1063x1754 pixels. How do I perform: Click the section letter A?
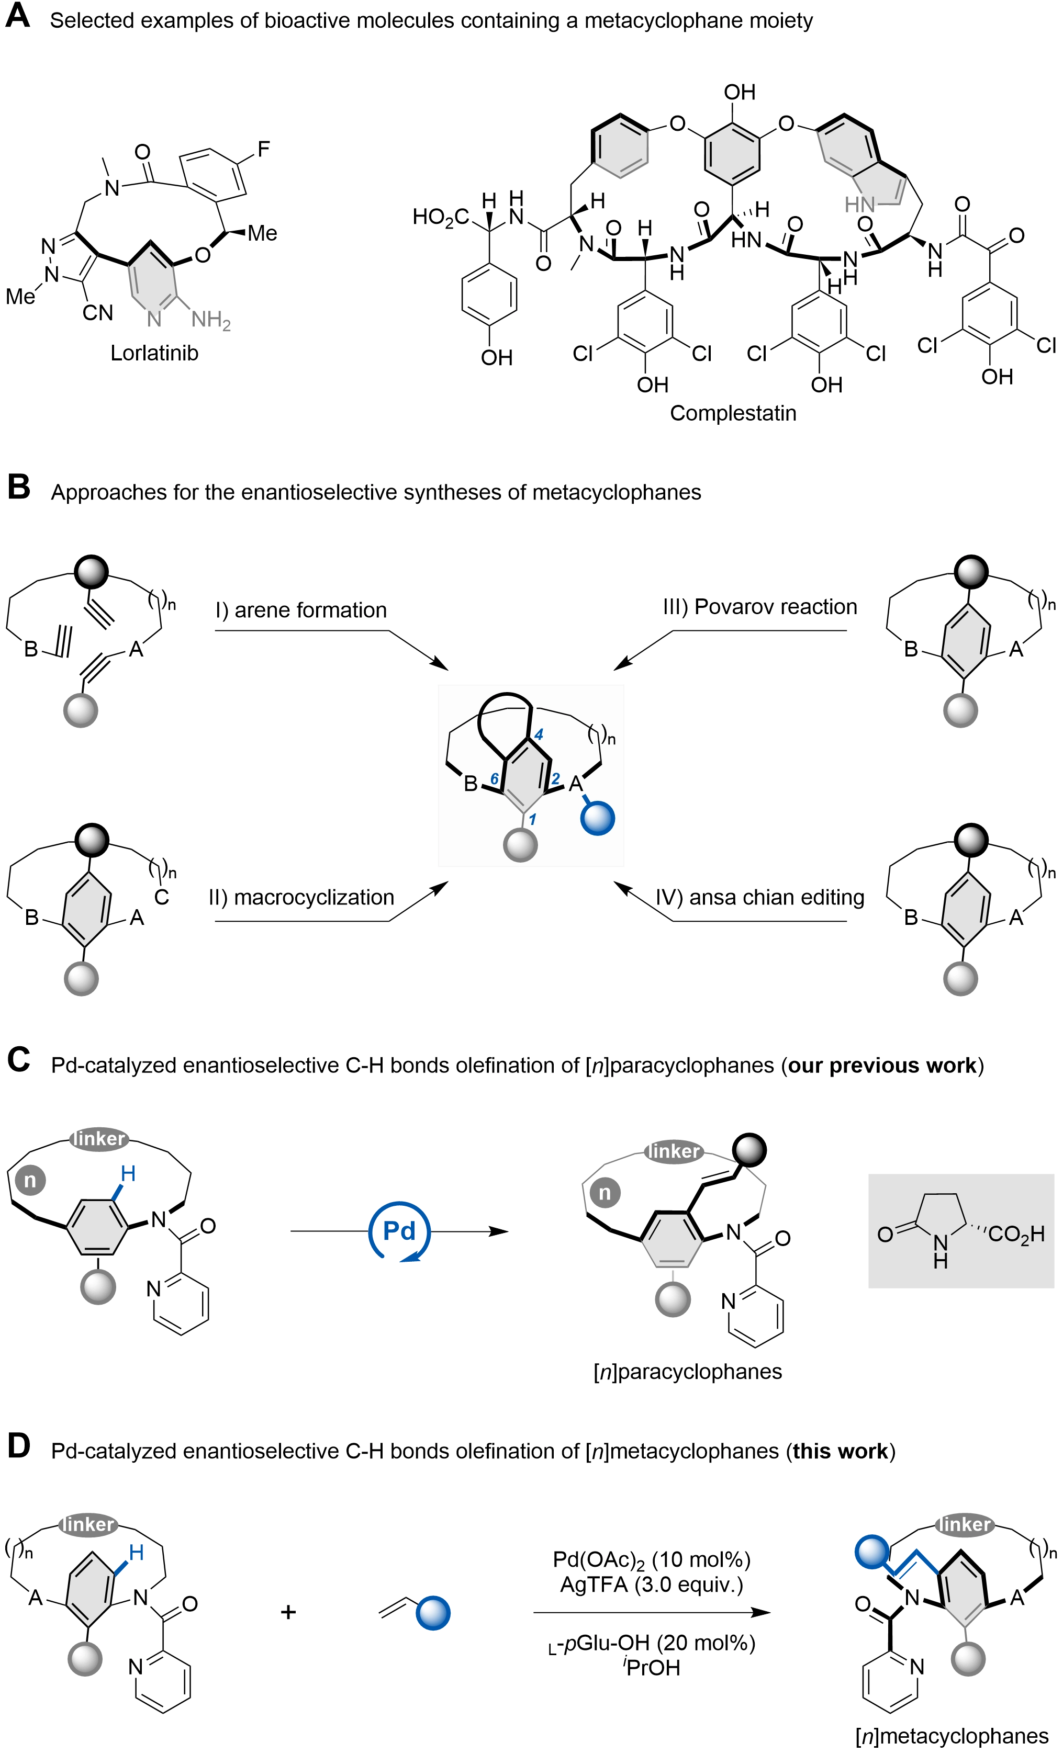(18, 16)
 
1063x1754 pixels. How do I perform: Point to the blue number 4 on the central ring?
(539, 734)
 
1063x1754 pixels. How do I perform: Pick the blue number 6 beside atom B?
(494, 779)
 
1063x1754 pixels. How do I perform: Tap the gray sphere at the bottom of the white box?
(520, 845)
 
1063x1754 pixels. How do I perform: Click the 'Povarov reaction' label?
(762, 606)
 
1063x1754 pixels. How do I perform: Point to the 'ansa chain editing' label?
(762, 898)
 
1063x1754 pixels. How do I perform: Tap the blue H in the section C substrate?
(129, 1174)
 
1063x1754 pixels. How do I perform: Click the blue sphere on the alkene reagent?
(433, 1612)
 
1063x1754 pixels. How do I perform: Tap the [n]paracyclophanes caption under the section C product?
(688, 1372)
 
